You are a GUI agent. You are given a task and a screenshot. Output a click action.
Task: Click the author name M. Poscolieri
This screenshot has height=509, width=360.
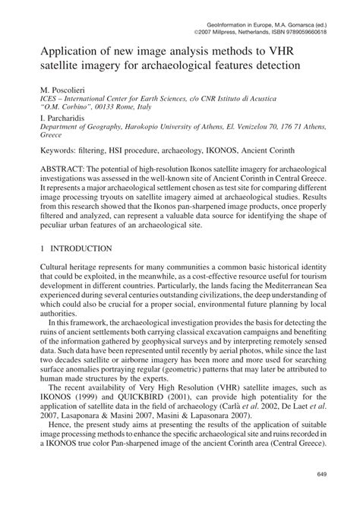pos(68,89)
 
